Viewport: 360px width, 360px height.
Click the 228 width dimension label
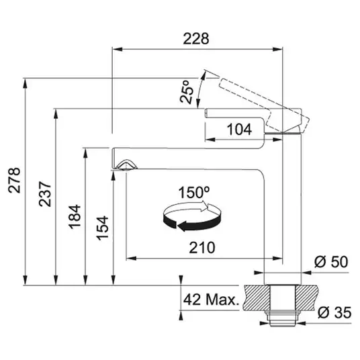click(x=196, y=38)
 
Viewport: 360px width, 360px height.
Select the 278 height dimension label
click(x=14, y=180)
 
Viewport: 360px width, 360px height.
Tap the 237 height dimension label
click(x=45, y=194)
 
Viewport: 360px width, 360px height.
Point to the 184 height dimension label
click(x=75, y=217)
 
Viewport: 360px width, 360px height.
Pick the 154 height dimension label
click(x=102, y=228)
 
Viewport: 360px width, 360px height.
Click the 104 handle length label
click(x=239, y=129)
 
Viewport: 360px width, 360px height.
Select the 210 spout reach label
click(x=202, y=247)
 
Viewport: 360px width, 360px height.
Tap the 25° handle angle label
click(x=187, y=92)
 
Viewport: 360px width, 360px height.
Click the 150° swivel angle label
click(x=194, y=192)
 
